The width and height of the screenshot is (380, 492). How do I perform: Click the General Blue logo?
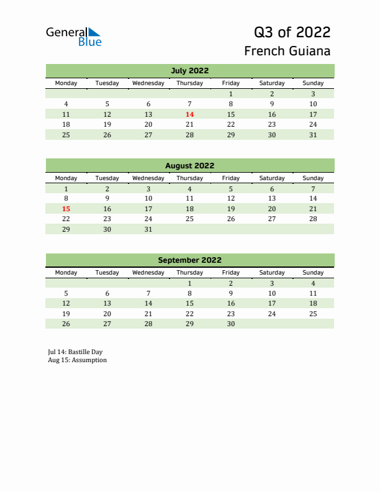point(73,37)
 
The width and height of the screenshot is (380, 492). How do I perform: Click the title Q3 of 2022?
point(292,32)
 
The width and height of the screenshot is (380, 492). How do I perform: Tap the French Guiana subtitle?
point(287,51)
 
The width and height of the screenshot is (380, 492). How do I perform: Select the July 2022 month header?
point(189,70)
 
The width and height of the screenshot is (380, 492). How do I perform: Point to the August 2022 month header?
point(189,166)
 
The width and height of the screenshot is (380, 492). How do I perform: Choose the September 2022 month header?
point(189,260)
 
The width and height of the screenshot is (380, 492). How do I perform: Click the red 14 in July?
point(189,114)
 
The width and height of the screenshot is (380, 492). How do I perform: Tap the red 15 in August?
point(66,209)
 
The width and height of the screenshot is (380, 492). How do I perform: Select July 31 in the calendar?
point(313,135)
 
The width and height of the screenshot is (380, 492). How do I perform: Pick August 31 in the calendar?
point(148,229)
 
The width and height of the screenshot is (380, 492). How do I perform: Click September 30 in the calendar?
point(231,324)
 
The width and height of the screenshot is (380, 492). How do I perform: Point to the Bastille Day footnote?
point(75,352)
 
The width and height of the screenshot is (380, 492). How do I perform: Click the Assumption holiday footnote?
point(77,360)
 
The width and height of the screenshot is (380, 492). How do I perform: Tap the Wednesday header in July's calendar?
point(148,83)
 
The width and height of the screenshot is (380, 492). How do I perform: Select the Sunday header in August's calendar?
point(313,178)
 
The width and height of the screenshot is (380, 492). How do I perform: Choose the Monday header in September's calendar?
point(66,273)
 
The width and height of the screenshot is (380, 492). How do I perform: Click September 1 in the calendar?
point(189,283)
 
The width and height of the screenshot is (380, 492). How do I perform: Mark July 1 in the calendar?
point(231,94)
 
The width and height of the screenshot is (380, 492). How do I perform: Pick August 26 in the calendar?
point(231,219)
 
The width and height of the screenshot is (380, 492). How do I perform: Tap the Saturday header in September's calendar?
point(272,273)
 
